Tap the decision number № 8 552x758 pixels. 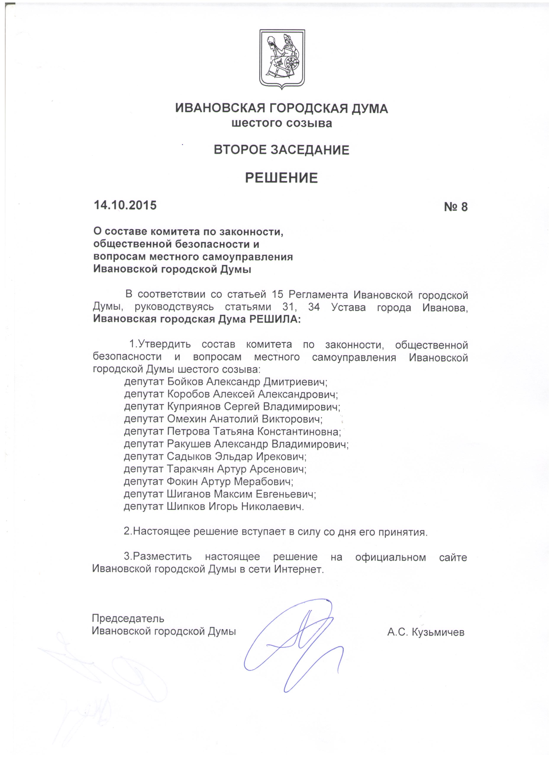[x=455, y=207]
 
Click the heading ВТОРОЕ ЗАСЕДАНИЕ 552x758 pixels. [x=281, y=150]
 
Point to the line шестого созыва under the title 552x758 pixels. [x=282, y=123]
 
